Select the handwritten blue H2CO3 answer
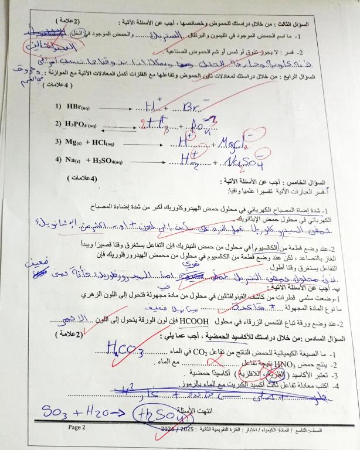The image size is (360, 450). pos(125,350)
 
